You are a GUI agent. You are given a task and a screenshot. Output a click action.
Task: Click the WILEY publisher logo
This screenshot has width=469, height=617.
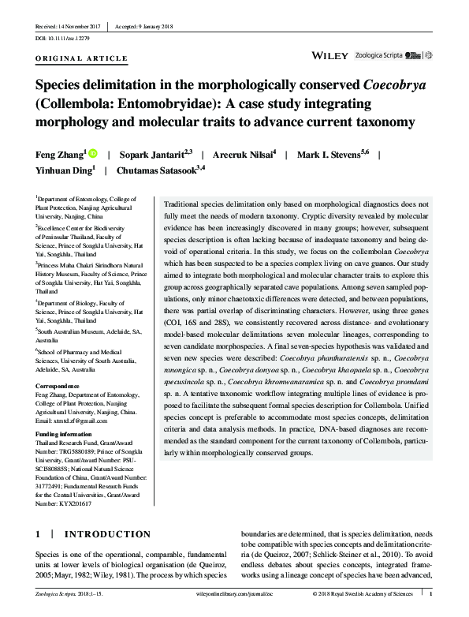click(x=330, y=56)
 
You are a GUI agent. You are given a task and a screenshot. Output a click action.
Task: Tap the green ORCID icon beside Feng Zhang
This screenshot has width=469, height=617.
click(x=92, y=155)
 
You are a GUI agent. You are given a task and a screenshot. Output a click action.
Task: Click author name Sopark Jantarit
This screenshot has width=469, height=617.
click(x=151, y=155)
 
